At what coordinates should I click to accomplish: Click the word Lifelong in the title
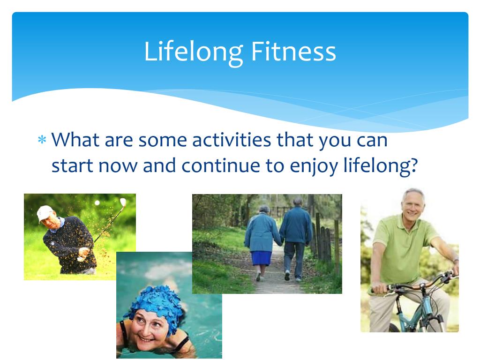pos(194,52)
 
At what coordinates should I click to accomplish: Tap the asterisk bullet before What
pos(42,140)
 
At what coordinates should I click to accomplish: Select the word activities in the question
pos(232,140)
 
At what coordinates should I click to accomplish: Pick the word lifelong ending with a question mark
pos(381,166)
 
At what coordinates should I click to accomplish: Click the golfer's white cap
pos(45,213)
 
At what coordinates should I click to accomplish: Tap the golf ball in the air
pos(97,202)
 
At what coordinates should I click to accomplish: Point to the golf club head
pos(123,202)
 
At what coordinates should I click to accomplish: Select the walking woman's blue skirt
pos(261,258)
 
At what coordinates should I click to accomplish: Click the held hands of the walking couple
pos(279,242)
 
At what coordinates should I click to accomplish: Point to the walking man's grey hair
pos(298,201)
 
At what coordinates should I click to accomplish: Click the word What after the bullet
pos(75,140)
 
